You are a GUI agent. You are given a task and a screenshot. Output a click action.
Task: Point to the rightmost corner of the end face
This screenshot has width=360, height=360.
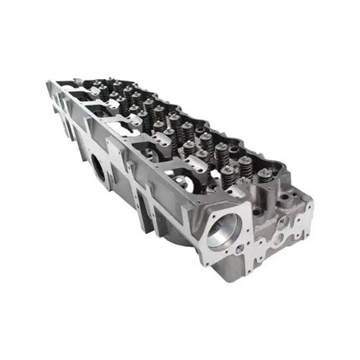(312, 204)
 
